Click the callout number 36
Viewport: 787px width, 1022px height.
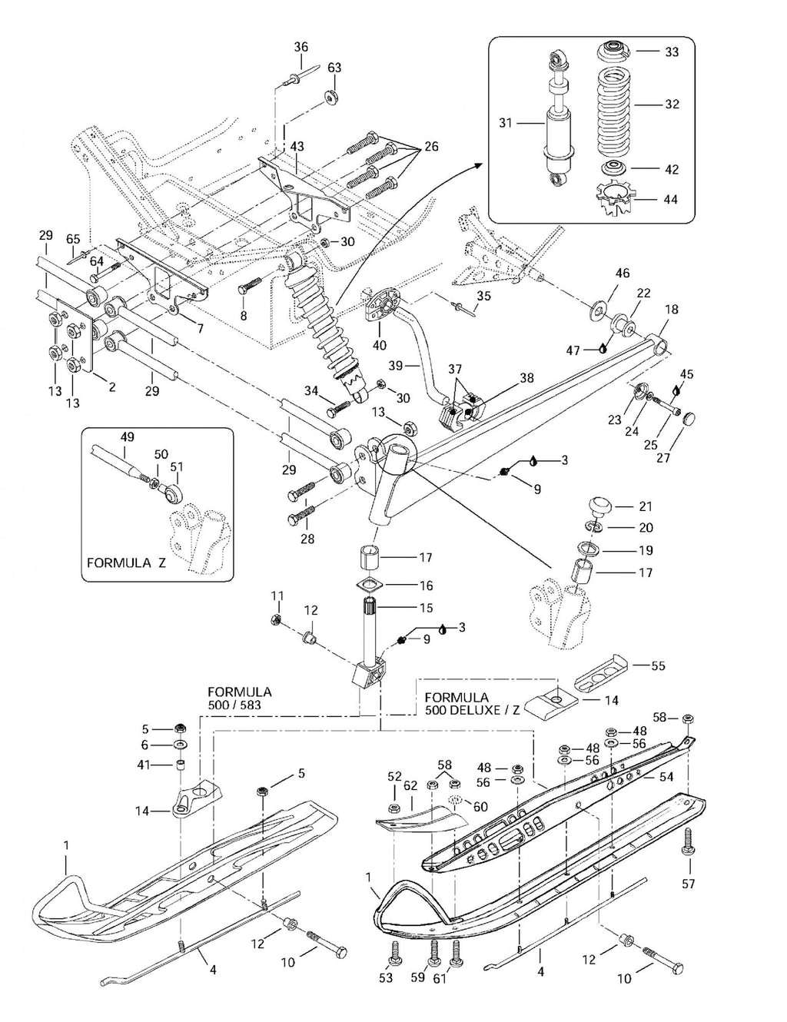click(x=301, y=47)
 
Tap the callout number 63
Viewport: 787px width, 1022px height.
click(x=334, y=68)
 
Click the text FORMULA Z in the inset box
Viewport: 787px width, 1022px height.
click(x=127, y=563)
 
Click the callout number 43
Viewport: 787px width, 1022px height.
click(x=297, y=146)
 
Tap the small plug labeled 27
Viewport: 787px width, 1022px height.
click(x=689, y=418)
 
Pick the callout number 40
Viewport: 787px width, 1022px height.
click(x=379, y=345)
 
